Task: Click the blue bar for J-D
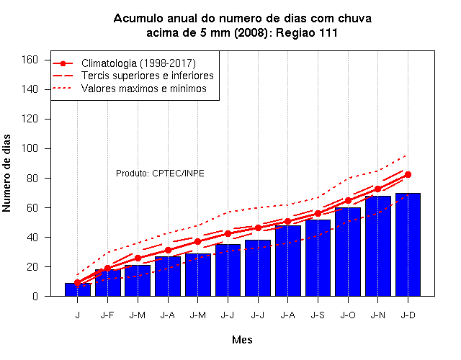pyautogui.click(x=408, y=245)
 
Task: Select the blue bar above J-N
pyautogui.click(x=377, y=246)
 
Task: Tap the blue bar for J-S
pyautogui.click(x=318, y=258)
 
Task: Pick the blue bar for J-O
pyautogui.click(x=348, y=252)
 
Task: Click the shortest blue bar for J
pyautogui.click(x=78, y=289)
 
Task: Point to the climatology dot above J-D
pyautogui.click(x=408, y=174)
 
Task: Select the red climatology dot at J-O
pyautogui.click(x=348, y=200)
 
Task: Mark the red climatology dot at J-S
pyautogui.click(x=318, y=213)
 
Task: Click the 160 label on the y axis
pyautogui.click(x=30, y=60)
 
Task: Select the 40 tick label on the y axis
pyautogui.click(x=32, y=237)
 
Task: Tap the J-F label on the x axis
pyautogui.click(x=107, y=315)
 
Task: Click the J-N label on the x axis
pyautogui.click(x=377, y=315)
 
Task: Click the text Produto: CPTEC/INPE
pyautogui.click(x=160, y=174)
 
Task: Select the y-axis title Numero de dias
pyautogui.click(x=6, y=174)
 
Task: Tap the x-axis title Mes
pyautogui.click(x=242, y=340)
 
